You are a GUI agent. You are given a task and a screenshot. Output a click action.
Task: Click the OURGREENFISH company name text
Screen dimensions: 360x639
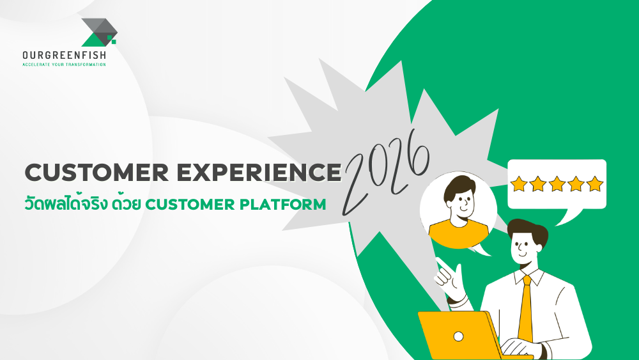64,56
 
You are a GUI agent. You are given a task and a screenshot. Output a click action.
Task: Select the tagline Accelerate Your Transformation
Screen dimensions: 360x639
64,65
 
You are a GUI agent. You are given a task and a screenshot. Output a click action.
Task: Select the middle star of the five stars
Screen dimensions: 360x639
557,184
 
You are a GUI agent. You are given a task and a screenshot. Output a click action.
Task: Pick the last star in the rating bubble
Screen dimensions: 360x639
595,184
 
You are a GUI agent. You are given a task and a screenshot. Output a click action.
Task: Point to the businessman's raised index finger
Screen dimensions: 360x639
440,264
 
